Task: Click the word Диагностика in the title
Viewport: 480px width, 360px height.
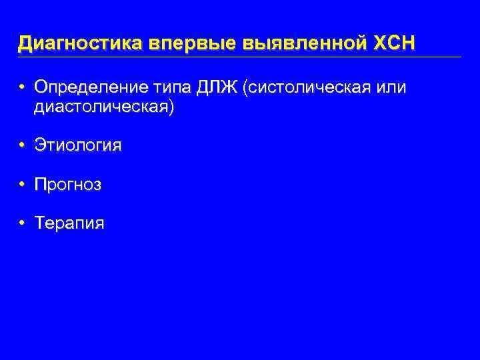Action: pyautogui.click(x=81, y=43)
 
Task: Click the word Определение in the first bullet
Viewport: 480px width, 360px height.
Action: pyautogui.click(x=91, y=89)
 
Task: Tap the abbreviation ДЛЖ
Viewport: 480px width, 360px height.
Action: pyautogui.click(x=218, y=89)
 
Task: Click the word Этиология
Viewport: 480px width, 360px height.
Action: pyautogui.click(x=78, y=146)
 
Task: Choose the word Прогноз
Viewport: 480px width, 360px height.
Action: pyautogui.click(x=68, y=185)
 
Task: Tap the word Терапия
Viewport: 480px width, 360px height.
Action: pyautogui.click(x=69, y=223)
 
